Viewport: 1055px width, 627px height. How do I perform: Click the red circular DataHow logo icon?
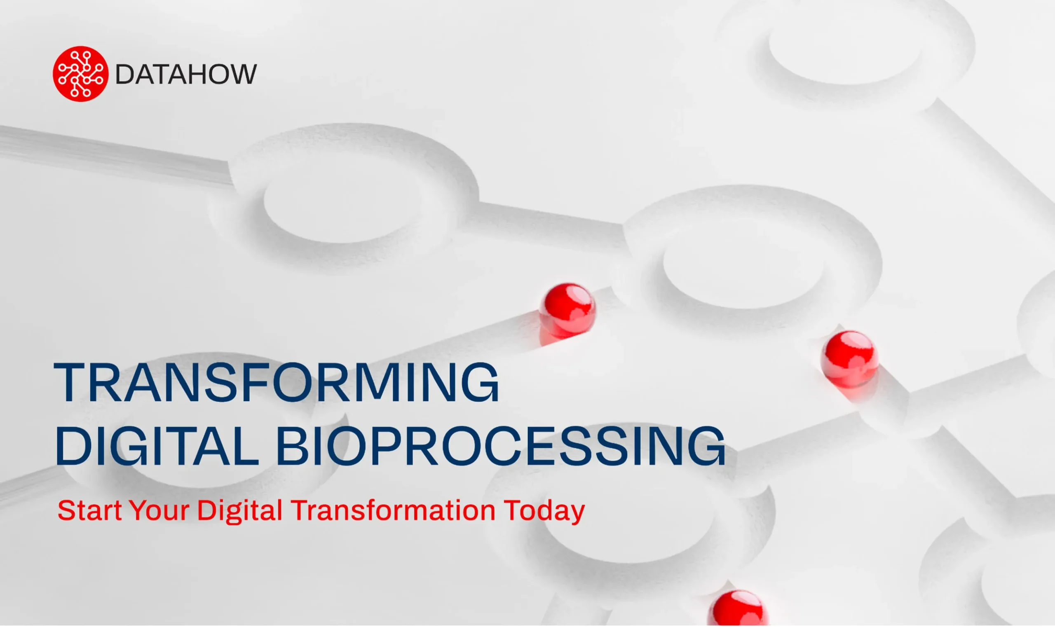[80, 74]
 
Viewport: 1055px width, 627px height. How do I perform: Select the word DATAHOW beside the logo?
[186, 75]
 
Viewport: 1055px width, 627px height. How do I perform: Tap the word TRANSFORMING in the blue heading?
[277, 382]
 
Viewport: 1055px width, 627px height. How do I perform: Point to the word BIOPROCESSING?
[501, 447]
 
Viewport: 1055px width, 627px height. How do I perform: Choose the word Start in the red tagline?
[89, 510]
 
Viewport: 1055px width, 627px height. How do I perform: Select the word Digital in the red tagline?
[240, 512]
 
